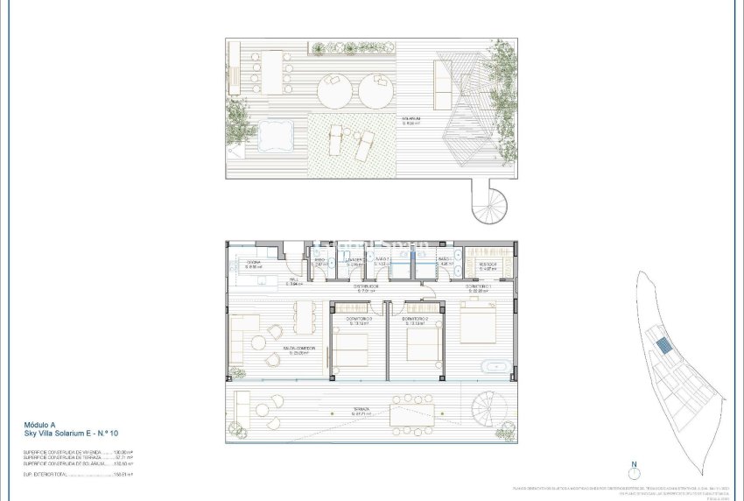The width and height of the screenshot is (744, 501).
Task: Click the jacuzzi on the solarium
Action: [x=275, y=136]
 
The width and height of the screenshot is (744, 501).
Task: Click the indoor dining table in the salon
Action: [x=304, y=317]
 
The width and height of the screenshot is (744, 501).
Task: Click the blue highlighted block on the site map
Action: [x=664, y=345]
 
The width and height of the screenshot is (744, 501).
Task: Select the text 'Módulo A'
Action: [x=41, y=425]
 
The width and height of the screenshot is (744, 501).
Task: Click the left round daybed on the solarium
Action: [x=333, y=88]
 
